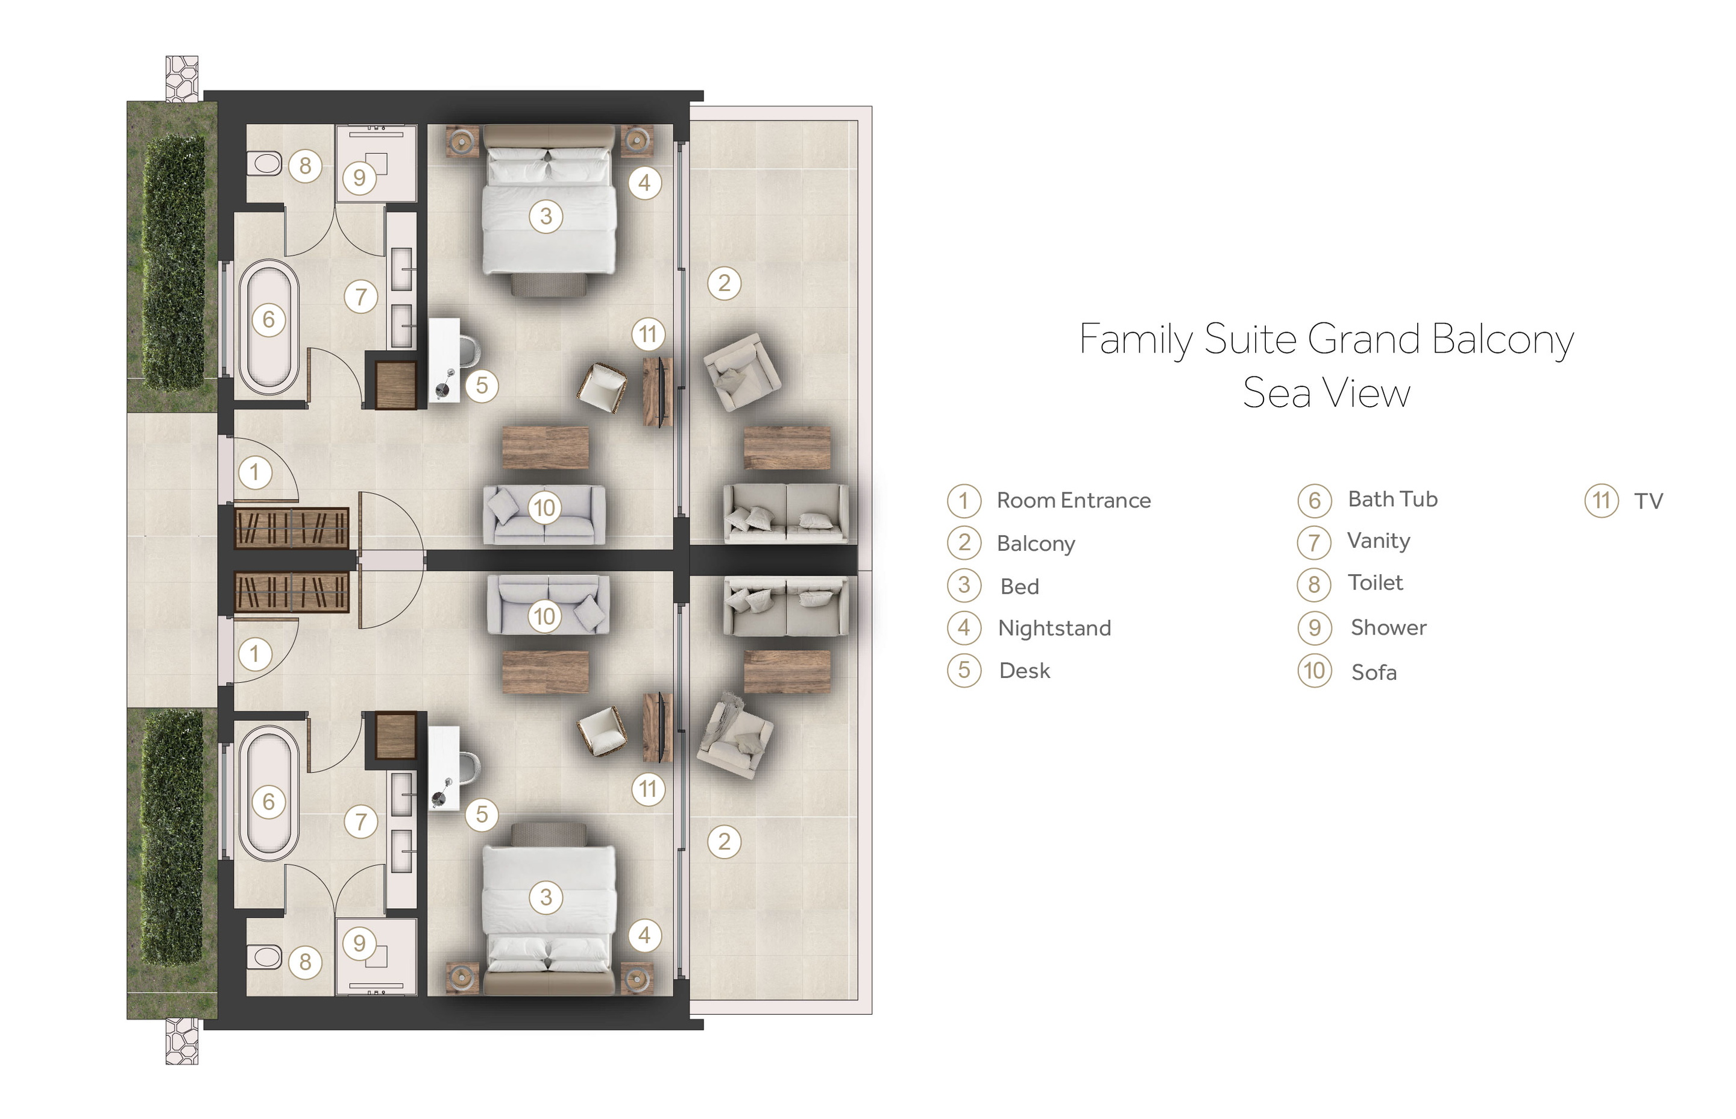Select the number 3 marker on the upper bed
546,216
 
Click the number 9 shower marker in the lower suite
359,943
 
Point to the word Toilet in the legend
1375,583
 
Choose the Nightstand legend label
1054,628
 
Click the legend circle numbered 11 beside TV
1601,501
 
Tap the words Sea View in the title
1326,393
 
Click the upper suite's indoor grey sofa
544,515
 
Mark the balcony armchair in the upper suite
742,371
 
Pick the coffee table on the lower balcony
787,671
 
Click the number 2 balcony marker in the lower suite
724,841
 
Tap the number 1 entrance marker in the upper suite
254,472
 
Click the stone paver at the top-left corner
181,78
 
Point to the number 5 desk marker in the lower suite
481,815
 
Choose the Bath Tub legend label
1392,499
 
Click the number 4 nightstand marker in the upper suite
644,183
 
